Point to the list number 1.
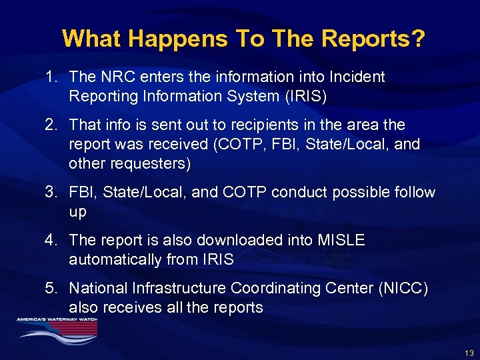tap(51, 77)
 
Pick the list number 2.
tap(51, 125)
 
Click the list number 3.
tap(51, 193)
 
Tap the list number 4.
tap(51, 241)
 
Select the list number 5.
tap(51, 289)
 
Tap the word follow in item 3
tap(413, 193)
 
